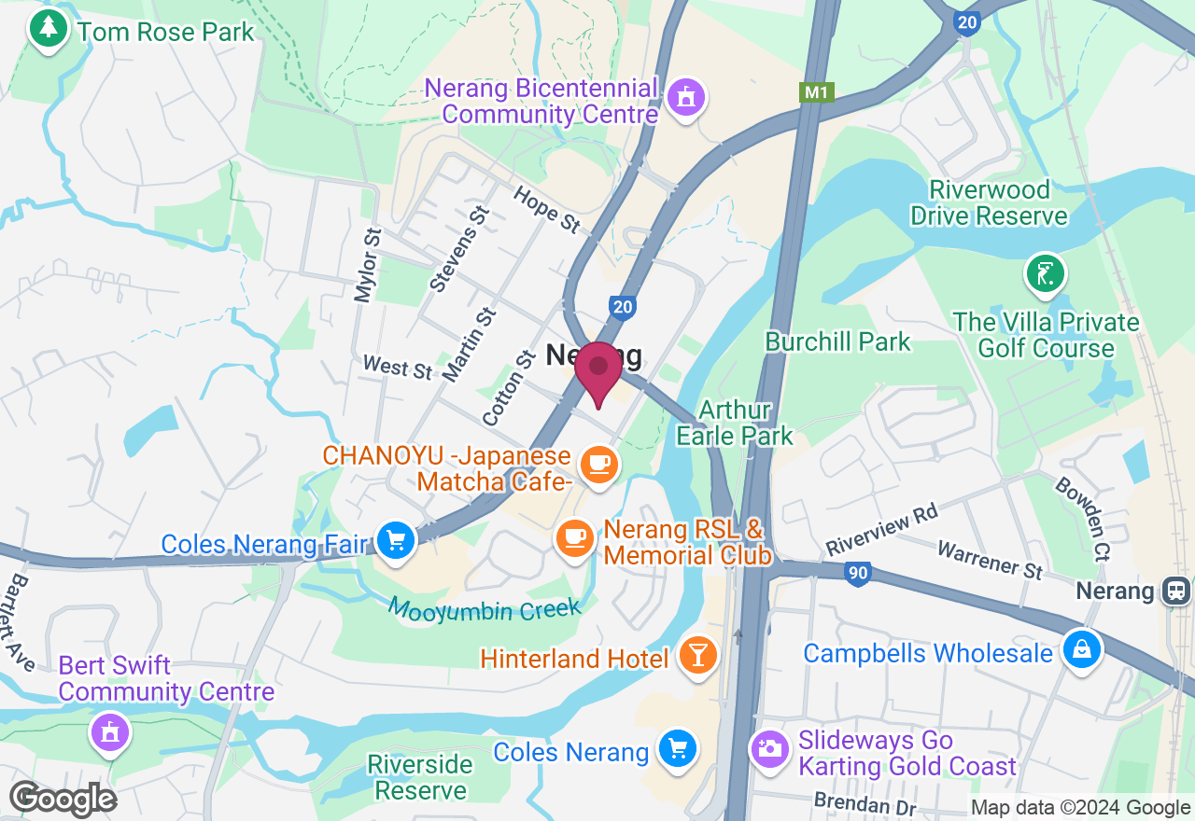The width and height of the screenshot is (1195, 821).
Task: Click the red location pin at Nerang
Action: click(597, 370)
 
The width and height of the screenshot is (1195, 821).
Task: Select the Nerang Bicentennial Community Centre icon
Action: click(686, 98)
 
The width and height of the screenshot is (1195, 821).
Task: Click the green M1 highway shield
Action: click(817, 92)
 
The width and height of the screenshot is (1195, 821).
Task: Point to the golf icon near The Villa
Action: click(1045, 274)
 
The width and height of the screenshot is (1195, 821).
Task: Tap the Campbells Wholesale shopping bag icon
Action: click(1082, 650)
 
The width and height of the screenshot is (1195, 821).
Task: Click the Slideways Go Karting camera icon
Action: click(770, 749)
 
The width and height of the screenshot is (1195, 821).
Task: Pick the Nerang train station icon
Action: click(1176, 591)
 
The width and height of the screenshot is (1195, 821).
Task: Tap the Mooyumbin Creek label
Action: click(485, 610)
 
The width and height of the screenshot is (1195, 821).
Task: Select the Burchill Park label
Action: click(837, 341)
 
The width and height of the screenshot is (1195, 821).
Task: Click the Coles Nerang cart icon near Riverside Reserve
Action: click(677, 750)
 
